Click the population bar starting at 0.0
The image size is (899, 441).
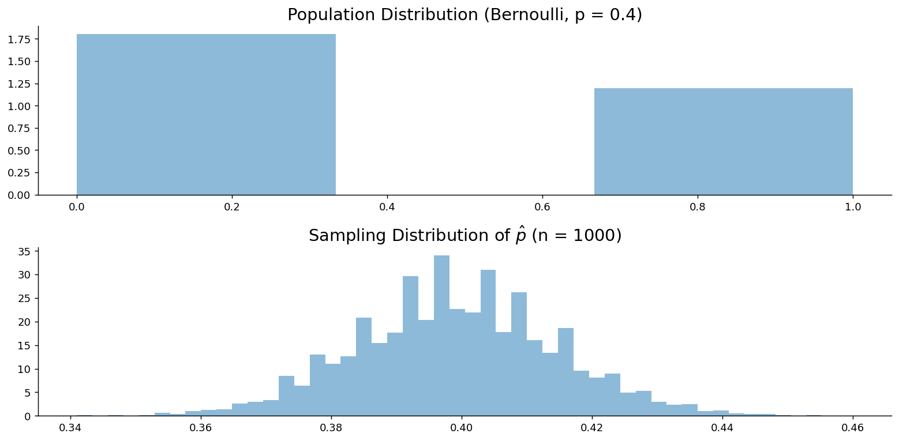[x=206, y=114]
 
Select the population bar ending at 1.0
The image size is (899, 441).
[x=723, y=141]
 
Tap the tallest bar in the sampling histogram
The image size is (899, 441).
[x=441, y=336]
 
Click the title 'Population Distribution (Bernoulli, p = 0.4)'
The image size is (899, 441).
[x=465, y=15]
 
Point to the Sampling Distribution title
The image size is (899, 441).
[x=465, y=235]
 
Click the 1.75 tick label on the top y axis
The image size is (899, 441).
[x=19, y=39]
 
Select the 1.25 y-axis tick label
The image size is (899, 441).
[x=19, y=84]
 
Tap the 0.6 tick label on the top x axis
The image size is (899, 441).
[x=542, y=207]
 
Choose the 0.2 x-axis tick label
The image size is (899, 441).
[x=231, y=207]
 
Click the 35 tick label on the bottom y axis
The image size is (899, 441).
[x=24, y=252]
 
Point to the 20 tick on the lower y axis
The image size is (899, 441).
[x=24, y=322]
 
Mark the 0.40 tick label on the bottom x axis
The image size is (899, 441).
[x=462, y=428]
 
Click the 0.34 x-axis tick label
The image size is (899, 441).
[x=70, y=428]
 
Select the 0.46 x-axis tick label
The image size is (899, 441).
[x=852, y=428]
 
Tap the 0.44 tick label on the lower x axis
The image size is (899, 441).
[x=722, y=428]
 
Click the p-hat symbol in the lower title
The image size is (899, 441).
[x=520, y=236]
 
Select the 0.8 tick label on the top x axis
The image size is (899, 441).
[x=698, y=207]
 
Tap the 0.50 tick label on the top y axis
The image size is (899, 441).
[x=19, y=150]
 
